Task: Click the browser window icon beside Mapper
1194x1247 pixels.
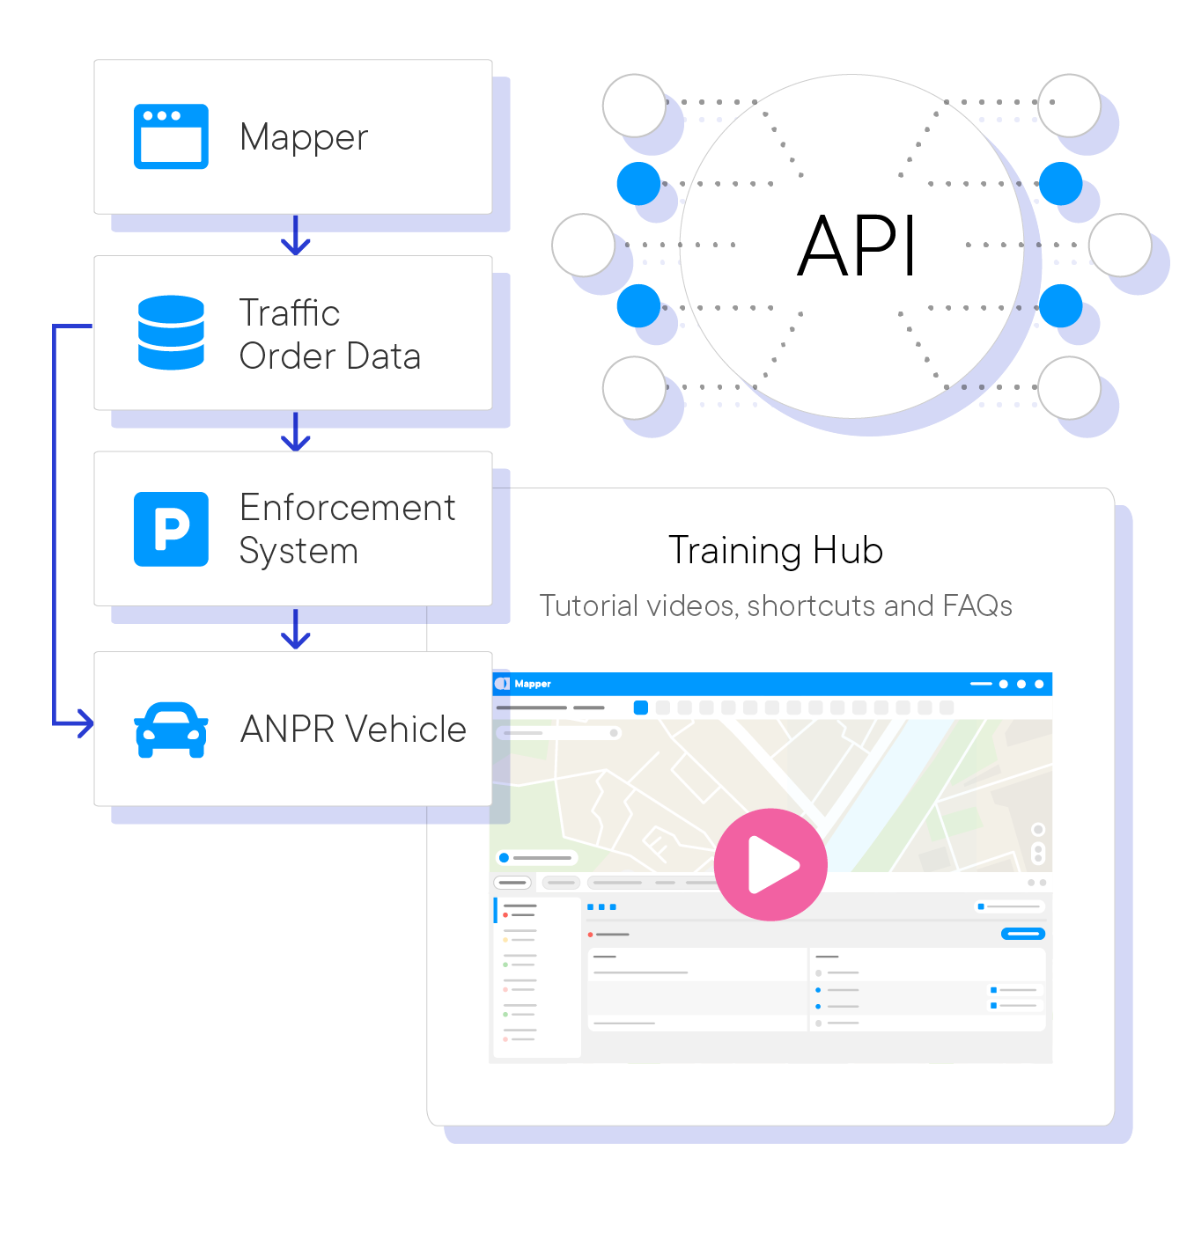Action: tap(171, 136)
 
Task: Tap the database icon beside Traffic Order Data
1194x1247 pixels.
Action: tap(171, 333)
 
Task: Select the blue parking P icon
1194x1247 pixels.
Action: tap(171, 529)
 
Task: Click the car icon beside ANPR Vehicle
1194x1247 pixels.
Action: tap(171, 730)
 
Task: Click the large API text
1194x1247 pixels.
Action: tap(856, 247)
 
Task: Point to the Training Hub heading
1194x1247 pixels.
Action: tap(775, 551)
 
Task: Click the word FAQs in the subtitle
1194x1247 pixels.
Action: tap(977, 606)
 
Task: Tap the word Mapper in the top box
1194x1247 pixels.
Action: tap(304, 138)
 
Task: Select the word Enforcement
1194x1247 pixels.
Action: tap(347, 508)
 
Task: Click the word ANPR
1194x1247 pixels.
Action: tap(288, 730)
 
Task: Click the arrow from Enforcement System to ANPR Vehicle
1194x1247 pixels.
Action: tap(296, 635)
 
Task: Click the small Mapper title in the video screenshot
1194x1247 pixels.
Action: tap(533, 684)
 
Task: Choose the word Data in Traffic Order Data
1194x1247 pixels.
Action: tap(383, 356)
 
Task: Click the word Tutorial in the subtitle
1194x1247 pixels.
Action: tap(588, 606)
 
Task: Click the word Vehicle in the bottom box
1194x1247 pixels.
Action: tap(405, 730)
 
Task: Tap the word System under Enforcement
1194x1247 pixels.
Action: tap(298, 552)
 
